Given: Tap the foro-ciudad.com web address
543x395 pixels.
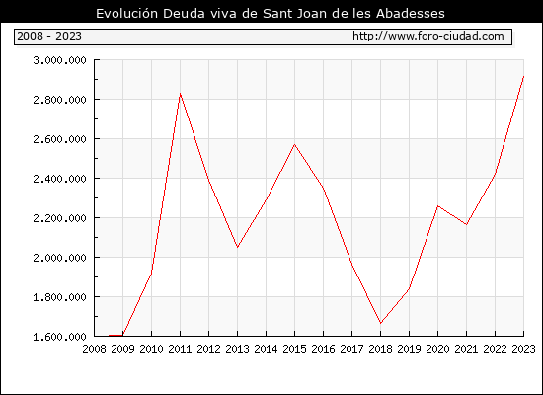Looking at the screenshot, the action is (428, 36).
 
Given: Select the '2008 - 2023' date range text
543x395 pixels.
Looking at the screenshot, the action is (49, 36).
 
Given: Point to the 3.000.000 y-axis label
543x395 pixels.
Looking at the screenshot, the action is (59, 60).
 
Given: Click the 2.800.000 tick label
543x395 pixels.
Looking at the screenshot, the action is (59, 100).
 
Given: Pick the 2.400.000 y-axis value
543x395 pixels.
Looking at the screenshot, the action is (59, 179).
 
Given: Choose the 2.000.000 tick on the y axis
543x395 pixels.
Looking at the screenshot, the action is (59, 258).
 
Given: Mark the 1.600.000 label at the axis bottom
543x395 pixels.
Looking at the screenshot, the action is (59, 337).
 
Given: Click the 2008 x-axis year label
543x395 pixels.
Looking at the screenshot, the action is (94, 349).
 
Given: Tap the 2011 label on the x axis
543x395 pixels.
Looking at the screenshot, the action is (180, 349).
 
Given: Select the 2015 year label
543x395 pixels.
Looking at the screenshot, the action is (295, 349).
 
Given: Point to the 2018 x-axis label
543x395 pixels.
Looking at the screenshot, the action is (380, 349).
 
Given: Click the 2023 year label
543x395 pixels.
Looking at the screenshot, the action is (523, 349).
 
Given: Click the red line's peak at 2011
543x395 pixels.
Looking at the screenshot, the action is (180, 94).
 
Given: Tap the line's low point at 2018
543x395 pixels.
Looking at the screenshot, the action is (380, 323).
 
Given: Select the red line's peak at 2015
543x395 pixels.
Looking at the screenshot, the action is (295, 144).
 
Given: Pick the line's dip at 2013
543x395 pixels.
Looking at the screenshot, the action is (237, 247).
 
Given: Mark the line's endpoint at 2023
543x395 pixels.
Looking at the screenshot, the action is (523, 76).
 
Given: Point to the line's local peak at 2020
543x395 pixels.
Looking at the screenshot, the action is (438, 206).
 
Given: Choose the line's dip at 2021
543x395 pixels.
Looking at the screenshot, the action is (466, 224).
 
